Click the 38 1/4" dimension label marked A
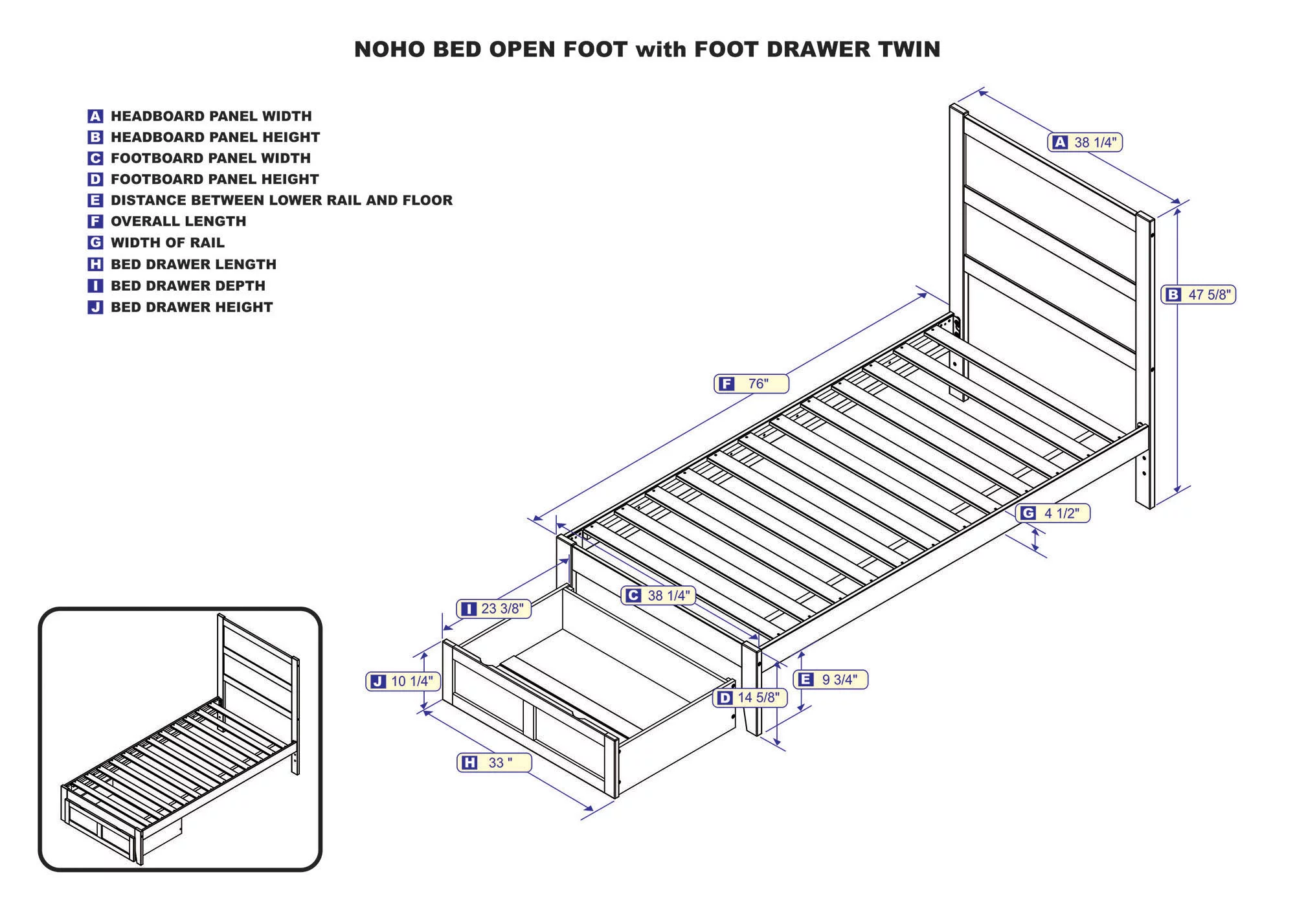(1085, 142)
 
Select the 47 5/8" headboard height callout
(1198, 295)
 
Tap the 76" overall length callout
(751, 384)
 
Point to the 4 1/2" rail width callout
(1053, 513)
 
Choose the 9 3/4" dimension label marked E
(831, 679)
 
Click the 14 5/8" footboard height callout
(750, 697)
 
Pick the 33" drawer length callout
(494, 763)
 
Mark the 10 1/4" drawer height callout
(403, 681)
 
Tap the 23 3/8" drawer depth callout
(494, 609)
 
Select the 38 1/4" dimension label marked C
(659, 596)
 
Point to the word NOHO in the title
(390, 49)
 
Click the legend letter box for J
(95, 307)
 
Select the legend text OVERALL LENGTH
(178, 221)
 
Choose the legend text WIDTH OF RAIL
(167, 243)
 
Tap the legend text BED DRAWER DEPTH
(188, 285)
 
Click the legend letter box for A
(95, 117)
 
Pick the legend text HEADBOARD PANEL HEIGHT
(215, 137)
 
